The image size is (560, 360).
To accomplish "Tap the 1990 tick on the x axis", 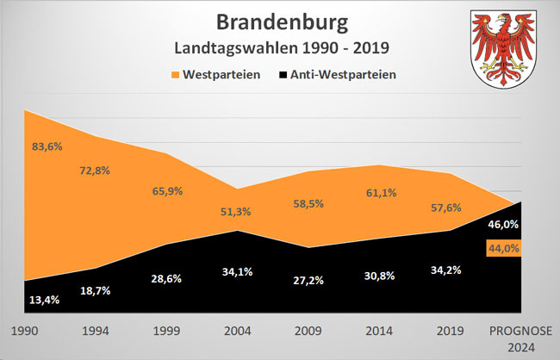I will coord(24,330).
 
